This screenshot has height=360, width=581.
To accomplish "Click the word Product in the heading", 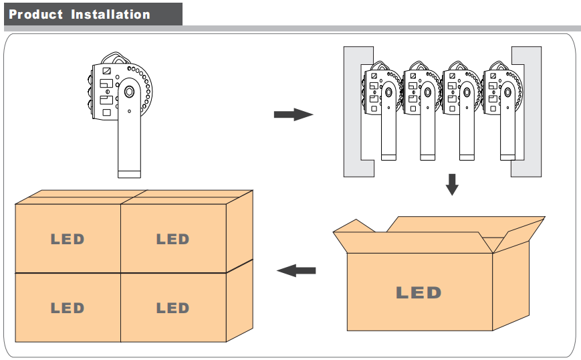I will [x=36, y=14].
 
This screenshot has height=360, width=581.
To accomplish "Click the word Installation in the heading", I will [x=110, y=14].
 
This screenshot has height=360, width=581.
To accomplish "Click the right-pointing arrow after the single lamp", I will [x=293, y=115].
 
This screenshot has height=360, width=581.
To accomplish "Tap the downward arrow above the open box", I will [x=452, y=185].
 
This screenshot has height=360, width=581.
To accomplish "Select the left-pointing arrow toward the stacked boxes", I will [x=296, y=270].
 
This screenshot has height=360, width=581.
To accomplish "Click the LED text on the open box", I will [x=419, y=292].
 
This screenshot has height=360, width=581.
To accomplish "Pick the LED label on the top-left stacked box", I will [x=68, y=239].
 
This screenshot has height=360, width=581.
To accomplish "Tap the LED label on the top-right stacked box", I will [x=172, y=239].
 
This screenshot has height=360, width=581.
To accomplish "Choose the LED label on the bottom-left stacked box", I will [x=68, y=308].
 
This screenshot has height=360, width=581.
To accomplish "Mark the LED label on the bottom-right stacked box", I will [x=172, y=308].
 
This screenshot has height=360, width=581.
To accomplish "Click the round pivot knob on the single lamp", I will [x=129, y=91].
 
